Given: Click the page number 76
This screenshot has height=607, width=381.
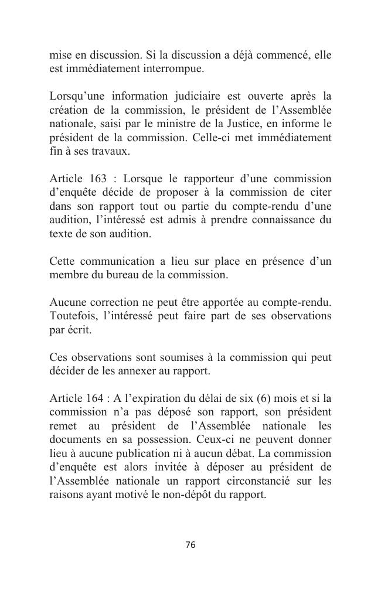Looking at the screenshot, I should click(190, 545).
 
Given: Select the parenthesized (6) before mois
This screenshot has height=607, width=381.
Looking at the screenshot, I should click(257, 399).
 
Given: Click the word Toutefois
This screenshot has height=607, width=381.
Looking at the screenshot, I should click(73, 316).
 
